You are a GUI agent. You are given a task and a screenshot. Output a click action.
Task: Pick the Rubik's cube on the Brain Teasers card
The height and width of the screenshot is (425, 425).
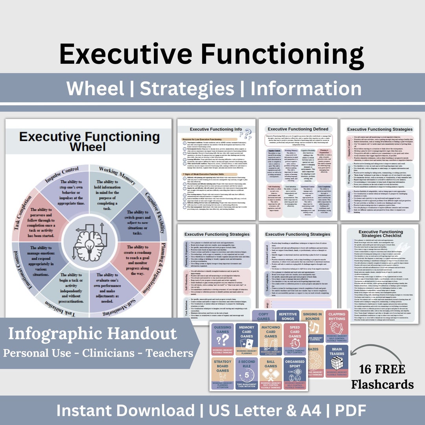337,362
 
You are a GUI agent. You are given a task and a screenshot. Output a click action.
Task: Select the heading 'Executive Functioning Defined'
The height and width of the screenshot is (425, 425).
297,129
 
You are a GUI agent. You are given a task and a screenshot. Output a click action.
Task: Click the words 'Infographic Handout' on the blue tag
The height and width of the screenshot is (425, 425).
92,334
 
